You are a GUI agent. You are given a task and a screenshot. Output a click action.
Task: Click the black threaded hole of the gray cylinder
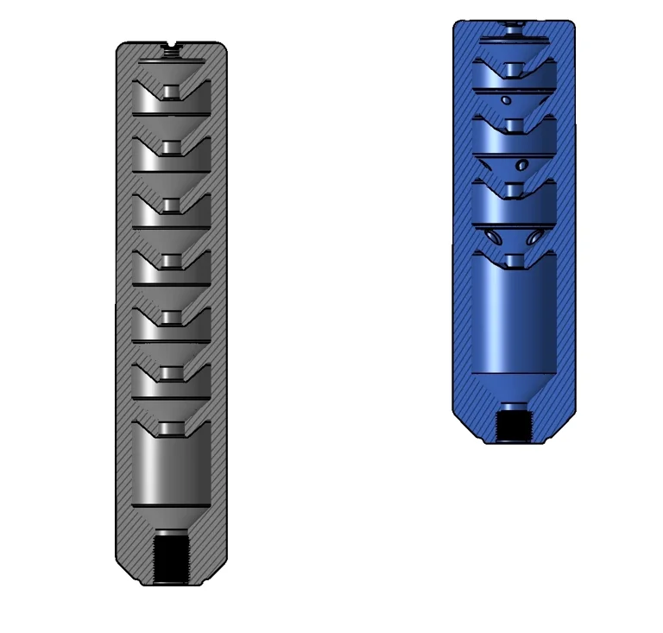click(172, 557)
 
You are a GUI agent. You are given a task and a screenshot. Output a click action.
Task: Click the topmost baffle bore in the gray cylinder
click(172, 92)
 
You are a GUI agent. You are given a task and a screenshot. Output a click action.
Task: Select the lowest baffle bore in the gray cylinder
click(172, 429)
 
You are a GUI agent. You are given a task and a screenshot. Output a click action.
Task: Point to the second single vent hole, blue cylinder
click(521, 164)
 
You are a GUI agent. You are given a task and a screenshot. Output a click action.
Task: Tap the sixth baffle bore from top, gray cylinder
click(172, 374)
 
